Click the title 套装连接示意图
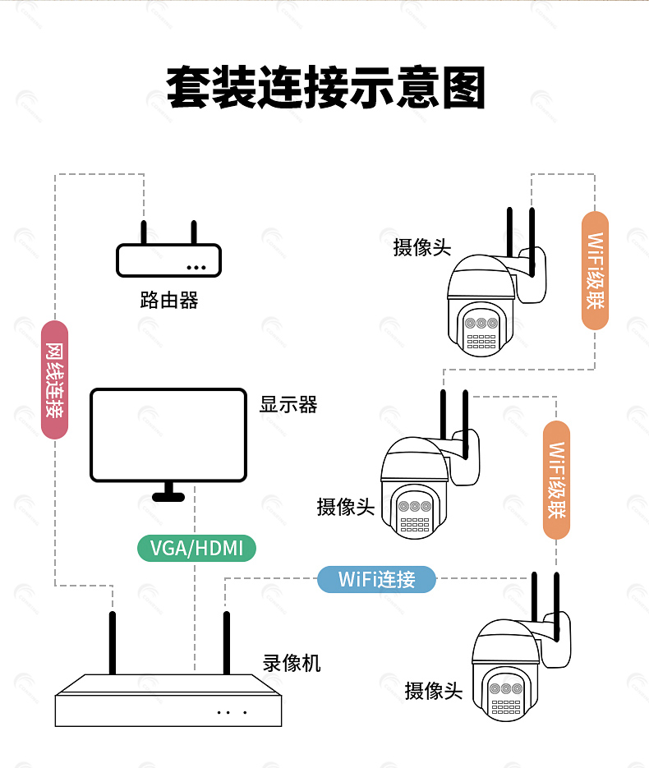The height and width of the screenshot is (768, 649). click(325, 87)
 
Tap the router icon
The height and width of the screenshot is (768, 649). click(168, 250)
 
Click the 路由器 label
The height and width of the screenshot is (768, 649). click(169, 301)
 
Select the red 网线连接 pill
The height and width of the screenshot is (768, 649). click(54, 379)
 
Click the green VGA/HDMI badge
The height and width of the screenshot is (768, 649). click(196, 548)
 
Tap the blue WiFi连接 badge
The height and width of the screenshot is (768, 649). click(376, 579)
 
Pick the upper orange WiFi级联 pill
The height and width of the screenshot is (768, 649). click(595, 271)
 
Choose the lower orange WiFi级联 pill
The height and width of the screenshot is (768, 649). click(556, 480)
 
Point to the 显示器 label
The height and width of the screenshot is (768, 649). click(288, 405)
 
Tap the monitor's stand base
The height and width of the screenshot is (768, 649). click(168, 497)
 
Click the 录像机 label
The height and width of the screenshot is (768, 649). click(292, 663)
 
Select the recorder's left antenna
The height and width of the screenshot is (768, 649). click(113, 642)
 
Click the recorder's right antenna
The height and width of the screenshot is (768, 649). click(226, 642)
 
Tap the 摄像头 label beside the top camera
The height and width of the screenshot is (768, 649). click(421, 247)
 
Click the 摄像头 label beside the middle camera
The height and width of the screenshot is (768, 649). click(345, 507)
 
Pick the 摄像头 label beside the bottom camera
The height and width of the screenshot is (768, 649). click(434, 691)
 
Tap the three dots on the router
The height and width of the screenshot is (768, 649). click(196, 268)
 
